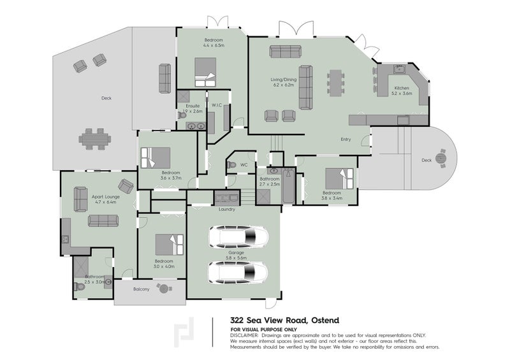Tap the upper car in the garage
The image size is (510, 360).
[x=238, y=236]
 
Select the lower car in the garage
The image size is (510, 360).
[x=238, y=273]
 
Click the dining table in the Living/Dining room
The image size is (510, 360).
[x=336, y=83]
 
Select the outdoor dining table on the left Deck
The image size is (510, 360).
[x=94, y=139]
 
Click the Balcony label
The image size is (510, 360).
[x=141, y=289]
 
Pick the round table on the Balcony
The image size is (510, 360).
[x=164, y=289]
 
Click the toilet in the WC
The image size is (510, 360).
[x=231, y=165]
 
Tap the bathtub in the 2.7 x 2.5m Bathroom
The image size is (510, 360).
[x=289, y=186]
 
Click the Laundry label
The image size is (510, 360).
[x=227, y=210]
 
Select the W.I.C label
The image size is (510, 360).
[x=217, y=105]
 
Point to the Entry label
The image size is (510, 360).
[x=346, y=140]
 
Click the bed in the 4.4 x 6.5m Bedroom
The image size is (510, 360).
[x=205, y=72]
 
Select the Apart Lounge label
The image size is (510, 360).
[x=106, y=197]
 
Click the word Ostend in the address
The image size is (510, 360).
[x=325, y=320]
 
